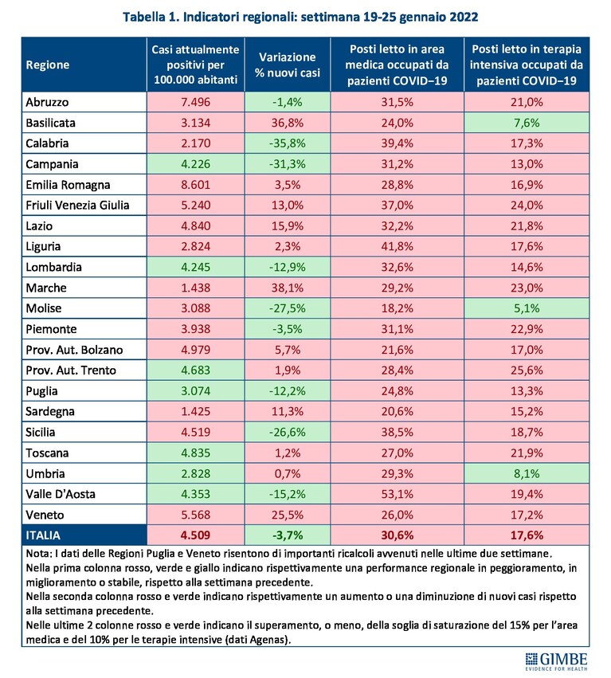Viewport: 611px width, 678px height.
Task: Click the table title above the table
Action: pyautogui.click(x=300, y=17)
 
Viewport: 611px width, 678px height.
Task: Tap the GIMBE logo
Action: pyautogui.click(x=556, y=661)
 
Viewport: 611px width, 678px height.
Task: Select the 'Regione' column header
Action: pyautogui.click(x=48, y=65)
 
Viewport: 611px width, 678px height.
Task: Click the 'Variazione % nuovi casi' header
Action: pyautogui.click(x=288, y=65)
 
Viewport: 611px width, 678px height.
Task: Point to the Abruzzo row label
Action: pyautogui.click(x=47, y=102)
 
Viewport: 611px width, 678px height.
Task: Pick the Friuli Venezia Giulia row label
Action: pyautogui.click(x=77, y=205)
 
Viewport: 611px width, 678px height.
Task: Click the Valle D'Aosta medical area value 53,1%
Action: pyautogui.click(x=397, y=494)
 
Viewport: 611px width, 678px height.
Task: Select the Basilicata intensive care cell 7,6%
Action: pyautogui.click(x=527, y=123)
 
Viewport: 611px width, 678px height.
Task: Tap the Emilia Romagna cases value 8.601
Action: pyautogui.click(x=195, y=185)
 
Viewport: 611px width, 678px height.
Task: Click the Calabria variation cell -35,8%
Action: pyautogui.click(x=288, y=143)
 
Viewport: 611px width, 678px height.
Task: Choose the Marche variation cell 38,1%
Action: pyautogui.click(x=288, y=288)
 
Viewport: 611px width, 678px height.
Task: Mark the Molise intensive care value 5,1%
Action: pyautogui.click(x=527, y=308)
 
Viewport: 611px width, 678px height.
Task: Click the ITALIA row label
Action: pyautogui.click(x=43, y=535)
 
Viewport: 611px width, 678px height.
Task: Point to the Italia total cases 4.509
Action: pyautogui.click(x=195, y=535)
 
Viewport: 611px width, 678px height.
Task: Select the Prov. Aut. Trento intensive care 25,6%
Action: pyautogui.click(x=527, y=370)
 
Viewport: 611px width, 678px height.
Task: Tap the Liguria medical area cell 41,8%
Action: pyautogui.click(x=397, y=246)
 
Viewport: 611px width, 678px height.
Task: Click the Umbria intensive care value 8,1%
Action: pyautogui.click(x=527, y=473)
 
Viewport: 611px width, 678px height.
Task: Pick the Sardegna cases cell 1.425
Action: pyautogui.click(x=195, y=411)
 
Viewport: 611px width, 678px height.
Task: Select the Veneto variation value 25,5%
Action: pyautogui.click(x=288, y=515)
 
